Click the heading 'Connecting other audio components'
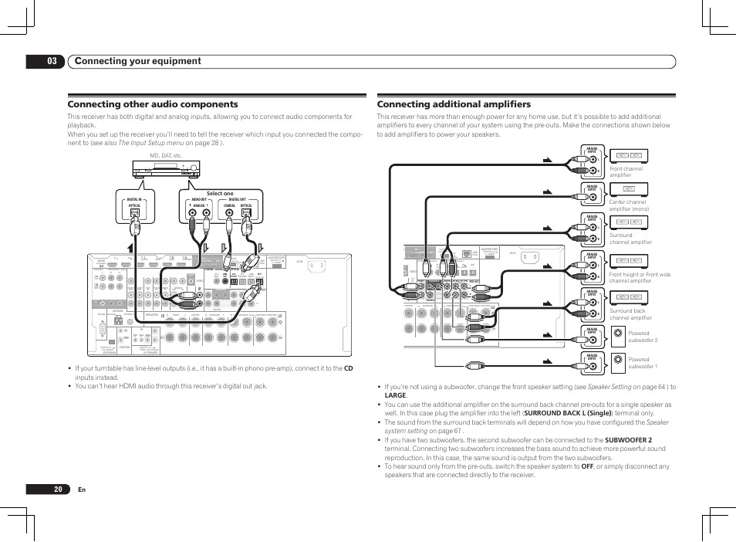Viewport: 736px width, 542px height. [153, 104]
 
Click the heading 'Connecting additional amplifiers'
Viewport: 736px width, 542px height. [454, 104]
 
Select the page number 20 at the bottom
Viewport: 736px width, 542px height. [59, 489]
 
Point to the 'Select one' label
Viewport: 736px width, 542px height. [220, 194]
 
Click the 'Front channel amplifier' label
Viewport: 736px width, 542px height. [626, 171]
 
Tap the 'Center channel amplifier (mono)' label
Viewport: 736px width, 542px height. [629, 205]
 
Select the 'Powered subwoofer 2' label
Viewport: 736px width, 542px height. [643, 337]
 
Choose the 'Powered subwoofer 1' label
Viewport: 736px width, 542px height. [643, 362]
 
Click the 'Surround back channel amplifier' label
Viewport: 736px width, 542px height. [630, 314]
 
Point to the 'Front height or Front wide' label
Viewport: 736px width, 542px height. [640, 274]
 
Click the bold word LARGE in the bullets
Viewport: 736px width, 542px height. [395, 395]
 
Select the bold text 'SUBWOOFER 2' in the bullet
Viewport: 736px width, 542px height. [628, 440]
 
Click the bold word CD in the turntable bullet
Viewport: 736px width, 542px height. [348, 368]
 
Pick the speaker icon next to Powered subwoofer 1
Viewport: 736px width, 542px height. [617, 359]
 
